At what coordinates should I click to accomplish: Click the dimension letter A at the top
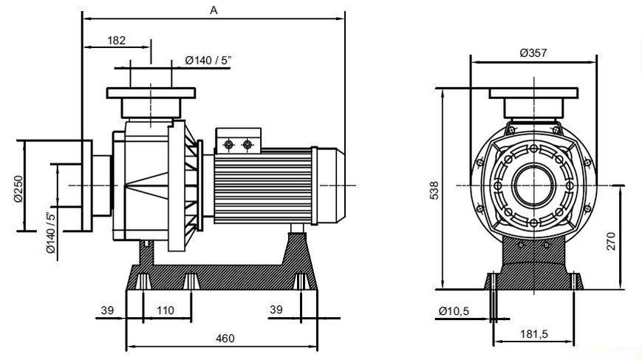pyautogui.click(x=214, y=10)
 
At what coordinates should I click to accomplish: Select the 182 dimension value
pyautogui.click(x=116, y=41)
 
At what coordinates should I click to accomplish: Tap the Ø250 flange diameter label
pyautogui.click(x=18, y=189)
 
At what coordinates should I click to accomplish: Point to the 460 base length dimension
pyautogui.click(x=225, y=339)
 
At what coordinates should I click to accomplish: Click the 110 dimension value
pyautogui.click(x=165, y=310)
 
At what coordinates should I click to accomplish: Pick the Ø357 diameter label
pyautogui.click(x=533, y=52)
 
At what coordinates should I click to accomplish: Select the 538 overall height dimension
pyautogui.click(x=434, y=191)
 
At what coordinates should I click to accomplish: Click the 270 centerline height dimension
pyautogui.click(x=610, y=241)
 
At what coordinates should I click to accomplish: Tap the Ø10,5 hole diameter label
pyautogui.click(x=454, y=311)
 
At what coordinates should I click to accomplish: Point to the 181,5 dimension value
pyautogui.click(x=534, y=334)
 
